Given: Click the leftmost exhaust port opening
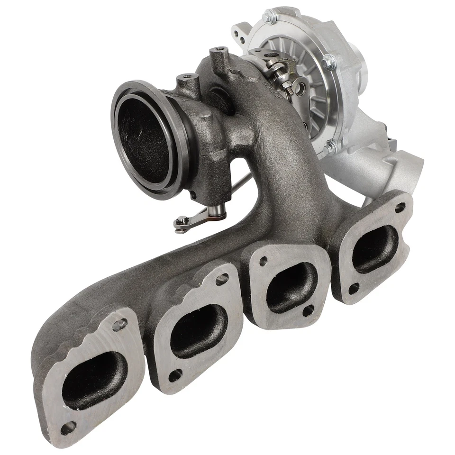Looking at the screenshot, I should point(94,380).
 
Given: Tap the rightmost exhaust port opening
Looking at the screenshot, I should point(375,249).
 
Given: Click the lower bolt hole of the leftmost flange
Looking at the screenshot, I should point(68,428).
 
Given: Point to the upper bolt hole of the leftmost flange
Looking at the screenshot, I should point(119,324).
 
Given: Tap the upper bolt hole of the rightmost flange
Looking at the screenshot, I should point(400,207).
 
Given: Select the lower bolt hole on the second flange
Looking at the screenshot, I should point(175,375).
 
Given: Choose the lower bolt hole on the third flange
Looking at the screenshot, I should point(308,310).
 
